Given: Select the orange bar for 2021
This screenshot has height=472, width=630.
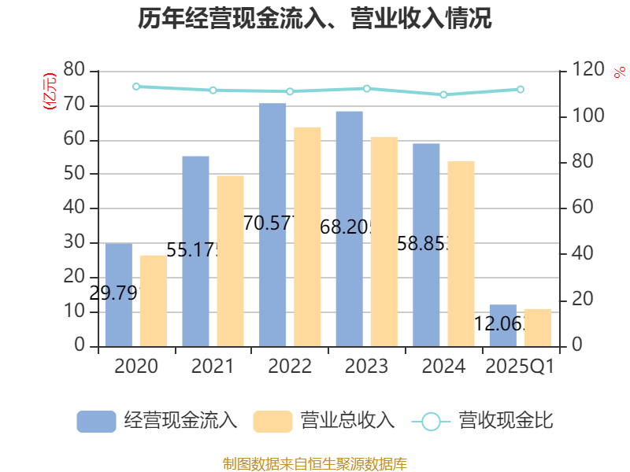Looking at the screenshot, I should (x=231, y=260).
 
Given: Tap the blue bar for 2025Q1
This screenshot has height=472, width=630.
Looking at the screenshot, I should (x=503, y=325).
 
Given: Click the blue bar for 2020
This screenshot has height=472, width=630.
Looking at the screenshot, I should (x=119, y=294).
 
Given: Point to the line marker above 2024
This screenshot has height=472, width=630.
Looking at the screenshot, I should (x=443, y=94).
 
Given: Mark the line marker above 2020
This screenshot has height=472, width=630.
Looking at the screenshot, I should (x=136, y=87).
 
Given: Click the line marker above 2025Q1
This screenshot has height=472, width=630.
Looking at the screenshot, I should (x=521, y=90).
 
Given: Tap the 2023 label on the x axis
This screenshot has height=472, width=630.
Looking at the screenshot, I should (x=367, y=367).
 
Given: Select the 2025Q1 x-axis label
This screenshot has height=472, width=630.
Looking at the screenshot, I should (x=521, y=367).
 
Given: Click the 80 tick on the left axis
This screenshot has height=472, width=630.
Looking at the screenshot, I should (x=74, y=71).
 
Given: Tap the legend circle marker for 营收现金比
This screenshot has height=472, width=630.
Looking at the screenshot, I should (x=431, y=422).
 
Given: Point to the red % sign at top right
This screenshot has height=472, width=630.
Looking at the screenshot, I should (x=620, y=72).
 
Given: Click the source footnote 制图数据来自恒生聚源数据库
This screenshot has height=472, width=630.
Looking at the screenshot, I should (x=315, y=463).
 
